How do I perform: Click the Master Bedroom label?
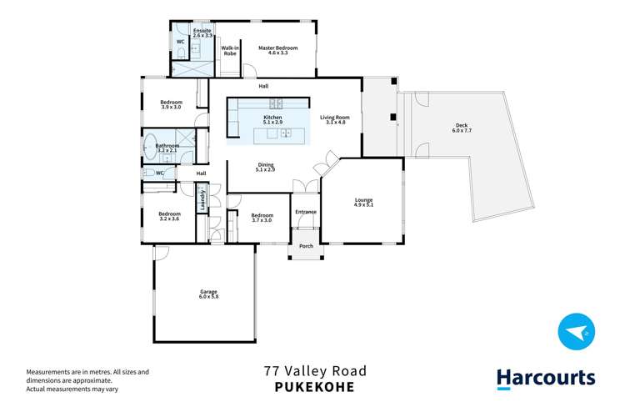pyautogui.click(x=277, y=52)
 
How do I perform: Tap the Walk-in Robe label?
pyautogui.click(x=231, y=52)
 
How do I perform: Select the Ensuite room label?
pyautogui.click(x=202, y=34)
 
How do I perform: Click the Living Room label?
pyautogui.click(x=334, y=121)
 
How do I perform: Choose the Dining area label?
pyautogui.click(x=265, y=167)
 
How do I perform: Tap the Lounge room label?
pyautogui.click(x=363, y=202)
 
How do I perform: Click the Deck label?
pyautogui.click(x=462, y=128)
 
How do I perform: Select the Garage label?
pyautogui.click(x=207, y=294)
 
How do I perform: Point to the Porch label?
pyautogui.click(x=306, y=247)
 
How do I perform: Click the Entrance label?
pyautogui.click(x=306, y=212)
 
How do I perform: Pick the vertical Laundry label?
pyautogui.click(x=202, y=201)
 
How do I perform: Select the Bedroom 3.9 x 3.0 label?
pyautogui.click(x=171, y=105)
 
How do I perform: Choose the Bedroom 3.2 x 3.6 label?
pyautogui.click(x=169, y=216)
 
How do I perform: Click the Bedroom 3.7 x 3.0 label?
pyautogui.click(x=262, y=218)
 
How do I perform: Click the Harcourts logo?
pyautogui.click(x=546, y=378)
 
